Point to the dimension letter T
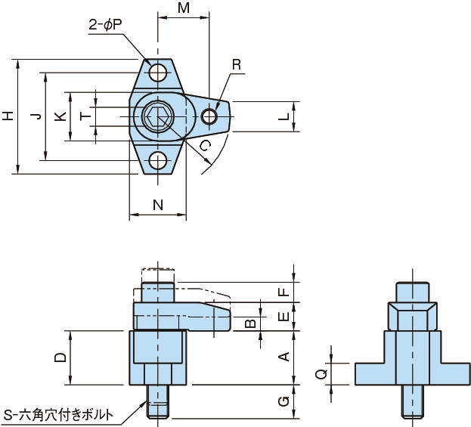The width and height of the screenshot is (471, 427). (85, 116)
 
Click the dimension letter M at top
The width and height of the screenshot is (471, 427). (183, 8)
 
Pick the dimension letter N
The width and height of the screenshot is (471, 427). (157, 204)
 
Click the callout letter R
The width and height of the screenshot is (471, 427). (237, 66)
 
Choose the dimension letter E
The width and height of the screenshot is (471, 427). (284, 317)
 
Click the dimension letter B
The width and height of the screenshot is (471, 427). (250, 324)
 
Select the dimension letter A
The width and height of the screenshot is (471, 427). (284, 357)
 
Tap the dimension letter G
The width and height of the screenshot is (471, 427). (284, 401)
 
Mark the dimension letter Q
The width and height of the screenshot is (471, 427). (321, 373)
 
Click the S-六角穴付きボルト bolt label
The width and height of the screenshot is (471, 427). (59, 414)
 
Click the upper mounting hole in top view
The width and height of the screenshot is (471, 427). (158, 73)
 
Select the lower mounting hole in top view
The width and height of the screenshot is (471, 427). (158, 160)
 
